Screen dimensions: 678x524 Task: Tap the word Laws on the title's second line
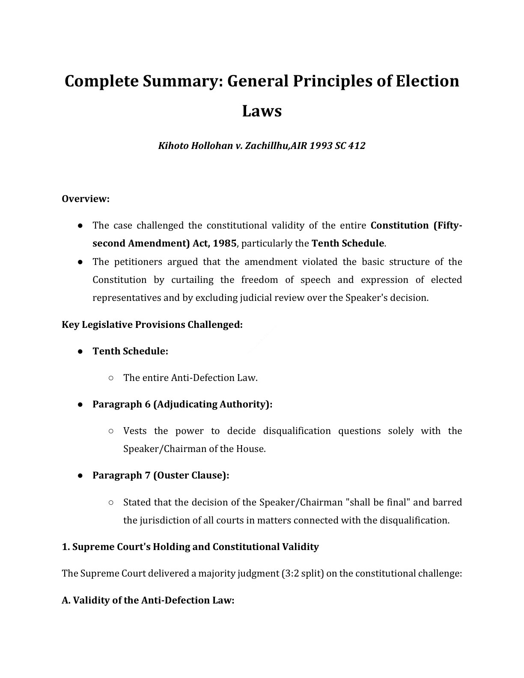pyautogui.click(x=262, y=111)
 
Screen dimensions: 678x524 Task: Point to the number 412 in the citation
pyautogui.click(x=357, y=146)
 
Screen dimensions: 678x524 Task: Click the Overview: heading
pyautogui.click(x=86, y=199)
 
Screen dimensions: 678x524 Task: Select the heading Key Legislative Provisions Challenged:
pyautogui.click(x=152, y=324)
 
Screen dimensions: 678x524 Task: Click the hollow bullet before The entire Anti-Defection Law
pyautogui.click(x=111, y=378)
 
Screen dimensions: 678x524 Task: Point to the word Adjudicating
pyautogui.click(x=185, y=404)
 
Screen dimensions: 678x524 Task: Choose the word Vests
pyautogui.click(x=135, y=431)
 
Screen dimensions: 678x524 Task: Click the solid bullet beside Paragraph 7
pyautogui.click(x=80, y=476)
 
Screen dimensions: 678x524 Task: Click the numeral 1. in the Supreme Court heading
pyautogui.click(x=66, y=547)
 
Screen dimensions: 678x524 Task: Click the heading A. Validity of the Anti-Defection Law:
pyautogui.click(x=148, y=600)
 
